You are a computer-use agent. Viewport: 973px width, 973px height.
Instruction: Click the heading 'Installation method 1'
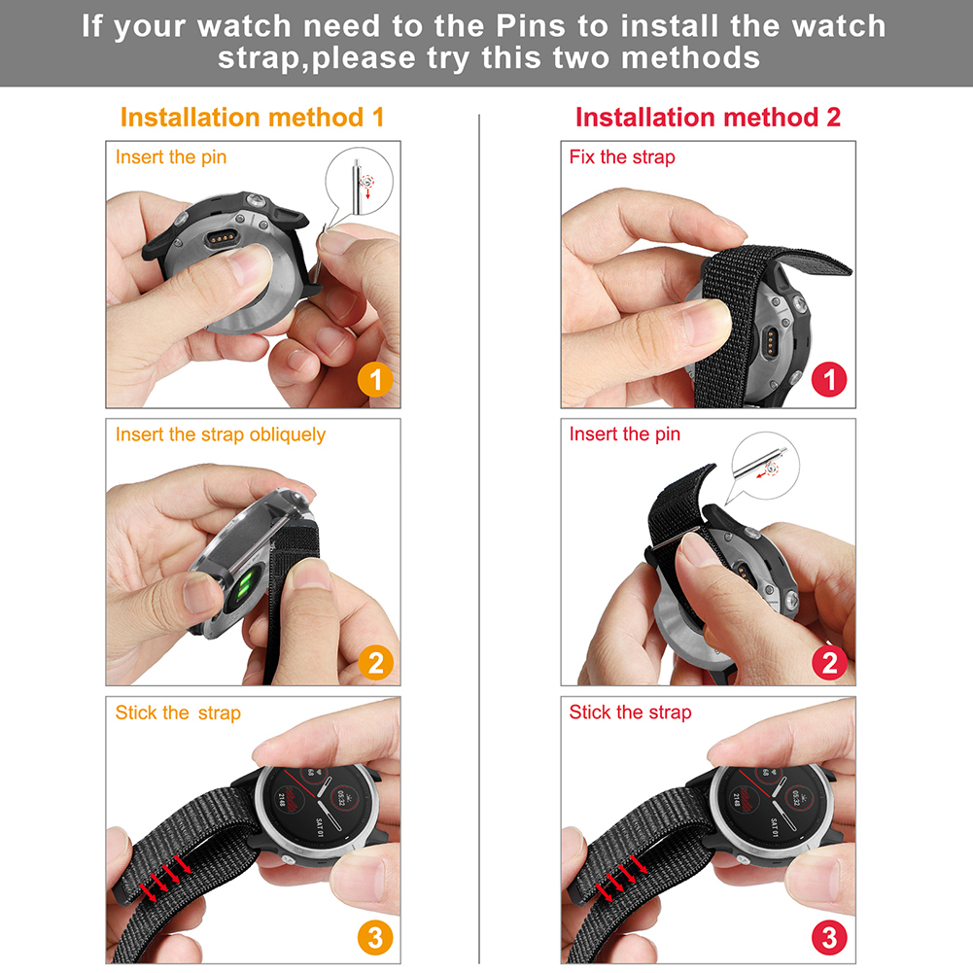pos(252,118)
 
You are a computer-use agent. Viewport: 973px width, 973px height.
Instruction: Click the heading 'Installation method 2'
pos(708,118)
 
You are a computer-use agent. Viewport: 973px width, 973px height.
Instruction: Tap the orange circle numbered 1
pos(375,379)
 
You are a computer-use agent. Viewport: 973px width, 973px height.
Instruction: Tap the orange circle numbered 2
pos(375,663)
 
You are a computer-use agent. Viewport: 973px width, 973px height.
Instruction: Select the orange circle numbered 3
pos(375,938)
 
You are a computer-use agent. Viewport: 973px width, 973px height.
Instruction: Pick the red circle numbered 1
pos(829,379)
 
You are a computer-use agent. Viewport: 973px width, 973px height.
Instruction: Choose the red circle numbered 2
pos(830,663)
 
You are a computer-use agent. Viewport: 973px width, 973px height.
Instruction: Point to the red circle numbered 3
pos(830,938)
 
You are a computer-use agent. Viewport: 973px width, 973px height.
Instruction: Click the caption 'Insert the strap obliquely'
pos(221,435)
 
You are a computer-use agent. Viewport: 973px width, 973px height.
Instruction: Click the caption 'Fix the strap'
pos(622,157)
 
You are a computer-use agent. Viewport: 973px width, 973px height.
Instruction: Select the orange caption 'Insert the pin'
pos(171,157)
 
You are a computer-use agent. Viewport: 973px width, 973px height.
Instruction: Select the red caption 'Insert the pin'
pos(624,434)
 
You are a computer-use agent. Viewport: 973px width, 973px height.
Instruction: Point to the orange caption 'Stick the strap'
pos(178,713)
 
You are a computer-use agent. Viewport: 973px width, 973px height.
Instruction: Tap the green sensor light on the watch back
pos(244,584)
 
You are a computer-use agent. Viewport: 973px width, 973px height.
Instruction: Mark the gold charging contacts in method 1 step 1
pos(222,238)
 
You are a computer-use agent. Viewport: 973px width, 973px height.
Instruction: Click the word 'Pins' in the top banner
pos(531,26)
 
